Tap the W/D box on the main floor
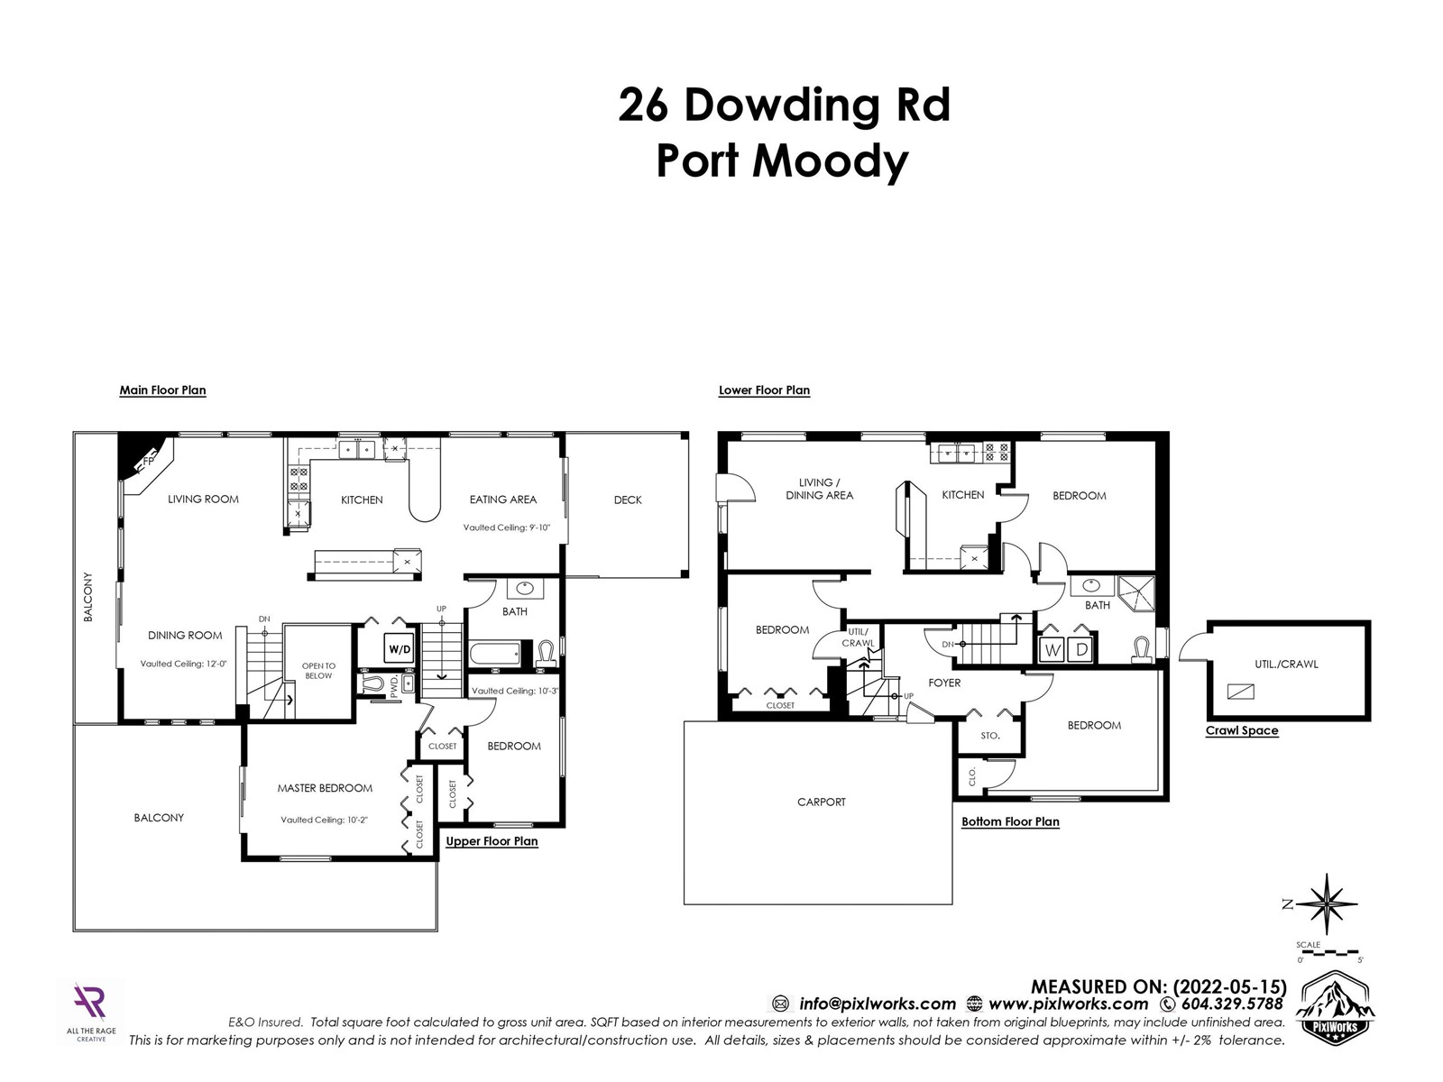point(399,649)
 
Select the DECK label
point(628,500)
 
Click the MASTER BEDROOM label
point(325,788)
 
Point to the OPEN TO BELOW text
point(318,671)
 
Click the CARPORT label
point(821,802)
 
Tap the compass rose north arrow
point(1328,904)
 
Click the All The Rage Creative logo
point(91,1011)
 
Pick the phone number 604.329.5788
point(1231,1004)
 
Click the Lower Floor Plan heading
point(764,390)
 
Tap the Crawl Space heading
point(1242,730)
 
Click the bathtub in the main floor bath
point(495,654)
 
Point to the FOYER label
point(944,683)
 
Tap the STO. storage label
point(990,736)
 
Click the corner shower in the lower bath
point(1135,593)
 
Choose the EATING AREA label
point(503,500)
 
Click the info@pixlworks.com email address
point(877,1004)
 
